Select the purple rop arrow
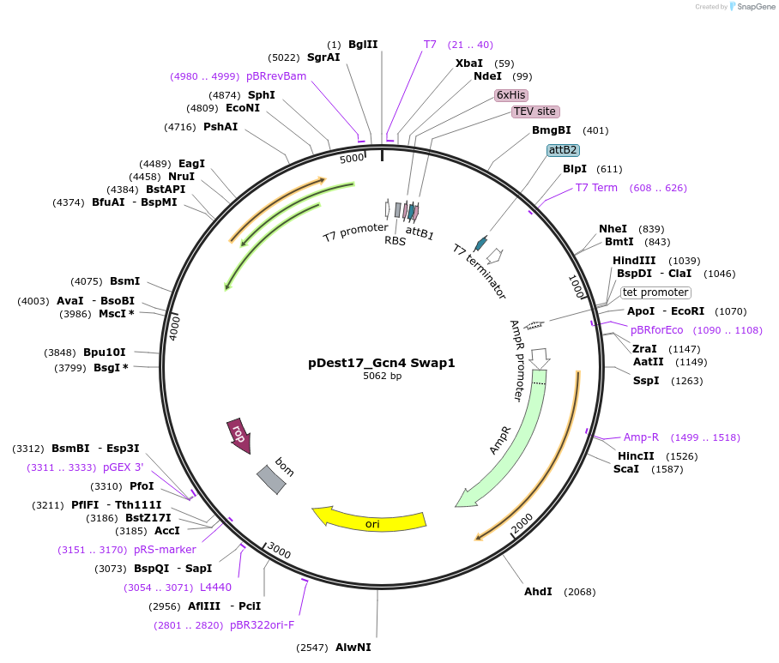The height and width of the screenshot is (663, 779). coord(239,435)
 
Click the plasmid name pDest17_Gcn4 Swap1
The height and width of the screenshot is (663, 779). coord(382,363)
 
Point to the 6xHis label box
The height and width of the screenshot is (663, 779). coord(511,94)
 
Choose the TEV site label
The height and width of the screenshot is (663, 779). coord(535,112)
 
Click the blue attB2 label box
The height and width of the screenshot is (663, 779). coord(563,149)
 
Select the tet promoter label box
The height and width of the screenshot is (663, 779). coord(655,292)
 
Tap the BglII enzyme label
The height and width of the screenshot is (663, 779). coord(363,45)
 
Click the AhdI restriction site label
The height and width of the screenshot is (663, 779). coord(538,592)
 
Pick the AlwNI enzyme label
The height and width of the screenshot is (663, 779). coord(353,647)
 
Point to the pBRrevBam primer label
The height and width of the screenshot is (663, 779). coord(276,76)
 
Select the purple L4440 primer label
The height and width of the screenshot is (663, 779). coord(215,588)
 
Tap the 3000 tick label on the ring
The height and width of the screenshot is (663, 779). coord(280,551)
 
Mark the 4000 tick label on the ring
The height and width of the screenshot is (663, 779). coord(175,328)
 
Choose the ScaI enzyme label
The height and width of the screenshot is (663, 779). coord(626,469)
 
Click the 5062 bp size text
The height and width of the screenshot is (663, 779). coord(382,376)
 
